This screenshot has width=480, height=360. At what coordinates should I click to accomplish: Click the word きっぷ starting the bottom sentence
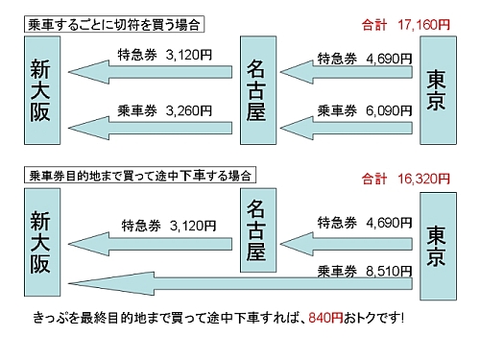coord(47,316)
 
